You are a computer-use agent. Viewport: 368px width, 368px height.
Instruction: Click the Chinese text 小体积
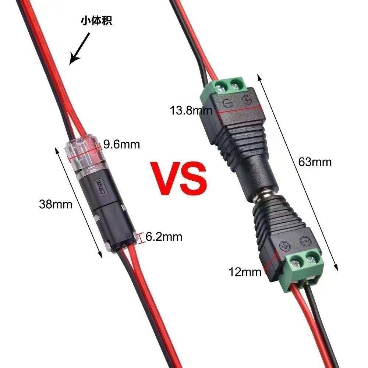[x=96, y=21]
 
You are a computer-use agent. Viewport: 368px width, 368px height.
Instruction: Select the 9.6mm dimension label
[x=121, y=144]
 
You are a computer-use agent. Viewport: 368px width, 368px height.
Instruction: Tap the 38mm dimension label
[x=56, y=204]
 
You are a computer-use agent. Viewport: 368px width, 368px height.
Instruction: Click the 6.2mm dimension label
[x=164, y=237]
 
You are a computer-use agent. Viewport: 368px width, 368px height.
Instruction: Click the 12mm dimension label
[x=245, y=272]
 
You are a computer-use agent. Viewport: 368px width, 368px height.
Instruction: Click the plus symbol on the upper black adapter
[x=246, y=99]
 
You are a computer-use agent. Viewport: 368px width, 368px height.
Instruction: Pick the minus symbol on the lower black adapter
[x=304, y=241]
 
